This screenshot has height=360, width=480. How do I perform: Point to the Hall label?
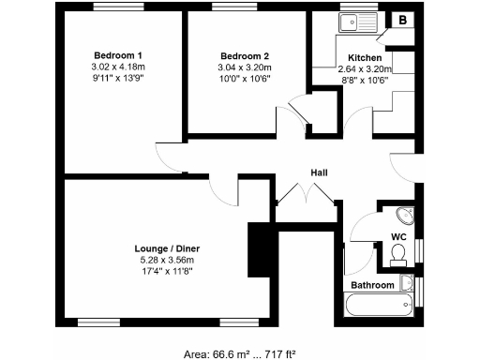pyautogui.click(x=319, y=172)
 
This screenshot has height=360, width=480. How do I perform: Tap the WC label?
pyautogui.click(x=397, y=236)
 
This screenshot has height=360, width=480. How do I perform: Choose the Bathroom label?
pyautogui.click(x=372, y=284)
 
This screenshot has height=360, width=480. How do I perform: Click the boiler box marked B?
pyautogui.click(x=403, y=20)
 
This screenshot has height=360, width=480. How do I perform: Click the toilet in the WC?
pyautogui.click(x=397, y=254)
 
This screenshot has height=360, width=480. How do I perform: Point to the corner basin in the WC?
pyautogui.click(x=405, y=213)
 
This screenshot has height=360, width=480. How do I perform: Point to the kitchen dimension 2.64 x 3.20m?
pyautogui.click(x=364, y=68)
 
